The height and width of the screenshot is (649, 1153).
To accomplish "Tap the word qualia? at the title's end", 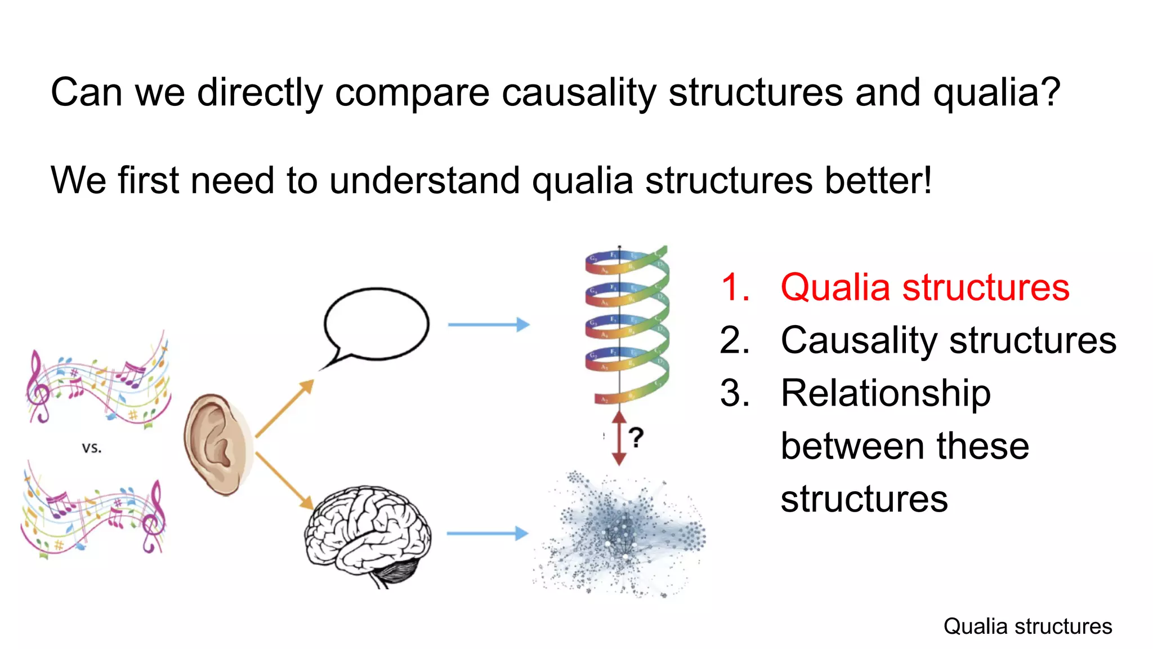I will pos(996,93).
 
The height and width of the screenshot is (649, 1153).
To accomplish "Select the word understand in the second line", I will pos(424,181).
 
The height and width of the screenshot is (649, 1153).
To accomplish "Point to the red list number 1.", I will pos(734,287).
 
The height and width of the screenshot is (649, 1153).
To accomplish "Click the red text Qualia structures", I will pos(924,287).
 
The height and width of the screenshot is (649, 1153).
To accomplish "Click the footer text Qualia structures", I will pos(1027,626).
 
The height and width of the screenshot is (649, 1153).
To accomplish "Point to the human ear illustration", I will pos(217,445).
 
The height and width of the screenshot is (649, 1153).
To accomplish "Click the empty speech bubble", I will pos(376,324).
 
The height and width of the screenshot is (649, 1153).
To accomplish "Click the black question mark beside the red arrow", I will pos(636,438).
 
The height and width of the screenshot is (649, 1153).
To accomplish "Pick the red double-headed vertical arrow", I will pos(619,438).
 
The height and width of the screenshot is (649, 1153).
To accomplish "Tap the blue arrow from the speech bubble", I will pos(488,324).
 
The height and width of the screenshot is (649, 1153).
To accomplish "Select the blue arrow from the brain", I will pos(487,533).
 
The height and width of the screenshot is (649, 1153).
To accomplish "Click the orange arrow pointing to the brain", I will pos(284,481).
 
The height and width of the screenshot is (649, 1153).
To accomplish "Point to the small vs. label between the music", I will pos(92,448).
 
